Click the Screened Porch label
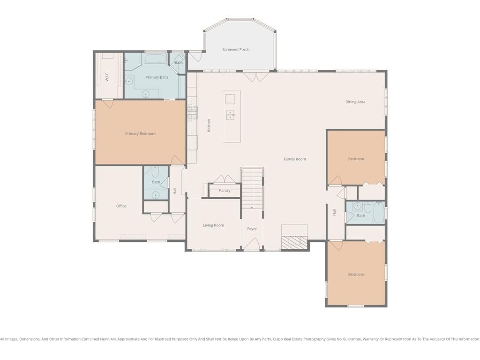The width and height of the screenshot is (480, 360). tap(236, 49)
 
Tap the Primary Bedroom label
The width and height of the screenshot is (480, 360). tap(140, 134)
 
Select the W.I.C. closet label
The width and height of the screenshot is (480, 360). tap(107, 76)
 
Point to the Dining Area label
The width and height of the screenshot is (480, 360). tap(355, 102)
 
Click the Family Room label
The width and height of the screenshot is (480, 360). tap(294, 159)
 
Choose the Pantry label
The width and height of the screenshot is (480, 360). tap(225, 190)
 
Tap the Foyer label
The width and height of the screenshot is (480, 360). tap(252, 229)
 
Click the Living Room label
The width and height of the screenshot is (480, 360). tap(213, 225)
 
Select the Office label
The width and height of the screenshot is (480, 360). tap(121, 206)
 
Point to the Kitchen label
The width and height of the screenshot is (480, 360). tap(209, 125)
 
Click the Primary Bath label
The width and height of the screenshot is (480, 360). tap(157, 77)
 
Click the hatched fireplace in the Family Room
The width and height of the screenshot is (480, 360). tap(294, 242)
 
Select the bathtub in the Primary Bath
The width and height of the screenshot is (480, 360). tap(155, 59)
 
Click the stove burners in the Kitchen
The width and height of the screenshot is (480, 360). tap(192, 112)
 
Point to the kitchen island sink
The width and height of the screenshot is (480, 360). tap(230, 115)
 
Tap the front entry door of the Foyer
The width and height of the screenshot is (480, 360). tap(252, 244)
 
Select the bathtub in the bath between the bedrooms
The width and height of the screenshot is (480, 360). tap(378, 212)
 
